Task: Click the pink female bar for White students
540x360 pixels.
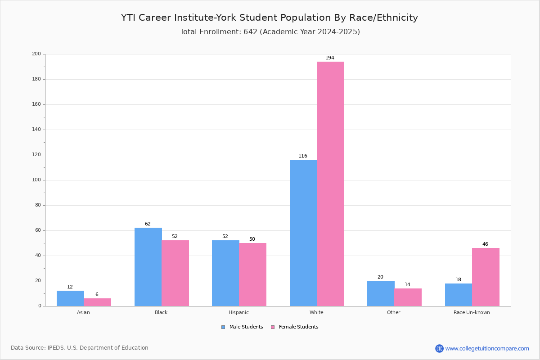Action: click(x=330, y=184)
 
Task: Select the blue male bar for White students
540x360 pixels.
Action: click(x=303, y=233)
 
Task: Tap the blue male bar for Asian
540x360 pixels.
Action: click(x=70, y=298)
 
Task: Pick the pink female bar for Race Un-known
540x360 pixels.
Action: click(x=486, y=277)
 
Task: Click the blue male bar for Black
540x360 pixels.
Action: click(x=148, y=267)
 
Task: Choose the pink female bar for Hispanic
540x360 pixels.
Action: click(x=252, y=274)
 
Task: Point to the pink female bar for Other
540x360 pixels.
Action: click(x=408, y=297)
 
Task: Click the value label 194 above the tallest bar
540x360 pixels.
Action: click(x=330, y=58)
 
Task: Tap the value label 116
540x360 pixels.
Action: click(x=303, y=156)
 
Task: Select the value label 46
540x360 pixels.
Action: click(x=485, y=244)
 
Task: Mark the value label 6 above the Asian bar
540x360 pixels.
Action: click(x=97, y=294)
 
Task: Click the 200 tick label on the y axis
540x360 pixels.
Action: click(x=36, y=54)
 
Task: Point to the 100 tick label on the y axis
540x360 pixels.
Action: click(x=36, y=180)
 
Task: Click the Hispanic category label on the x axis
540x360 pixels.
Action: click(x=238, y=312)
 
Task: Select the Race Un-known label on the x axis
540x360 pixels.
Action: click(x=472, y=312)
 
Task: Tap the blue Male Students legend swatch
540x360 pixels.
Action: click(x=223, y=327)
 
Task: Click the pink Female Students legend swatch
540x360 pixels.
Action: click(x=273, y=327)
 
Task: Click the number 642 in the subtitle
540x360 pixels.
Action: click(x=251, y=31)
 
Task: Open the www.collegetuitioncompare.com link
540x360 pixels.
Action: click(x=487, y=348)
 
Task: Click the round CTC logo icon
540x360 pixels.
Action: click(x=439, y=348)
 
